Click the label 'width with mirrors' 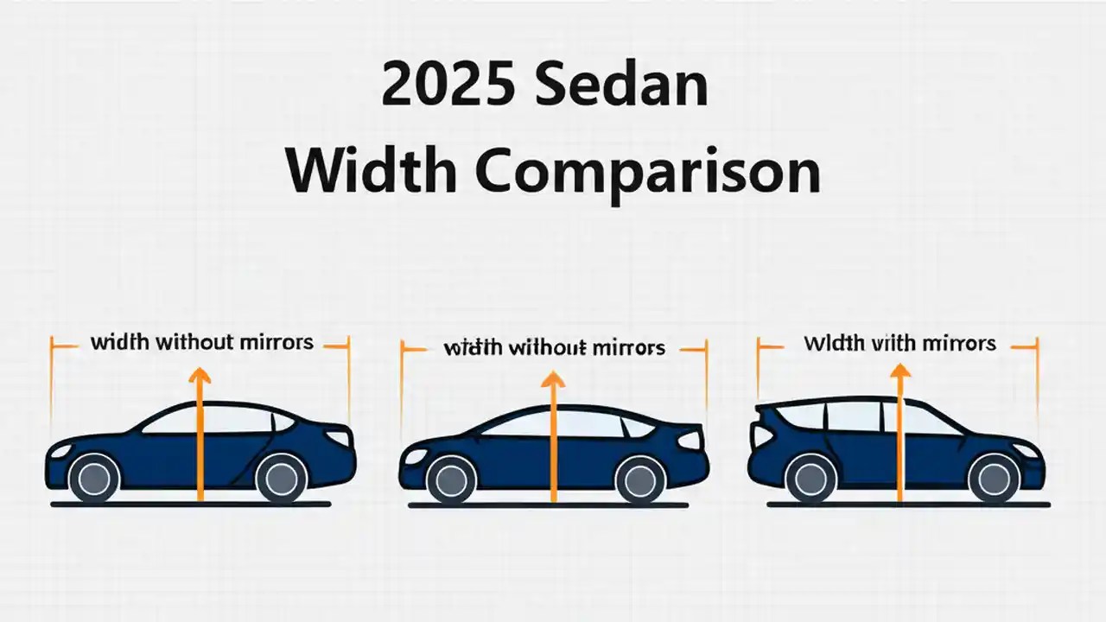click(899, 343)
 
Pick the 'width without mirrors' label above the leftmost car click(201, 342)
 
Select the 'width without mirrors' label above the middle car click(554, 348)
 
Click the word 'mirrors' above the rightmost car click(957, 343)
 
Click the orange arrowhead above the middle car click(553, 380)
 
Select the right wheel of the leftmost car click(281, 477)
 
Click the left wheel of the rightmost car click(811, 478)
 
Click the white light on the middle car click(689, 440)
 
